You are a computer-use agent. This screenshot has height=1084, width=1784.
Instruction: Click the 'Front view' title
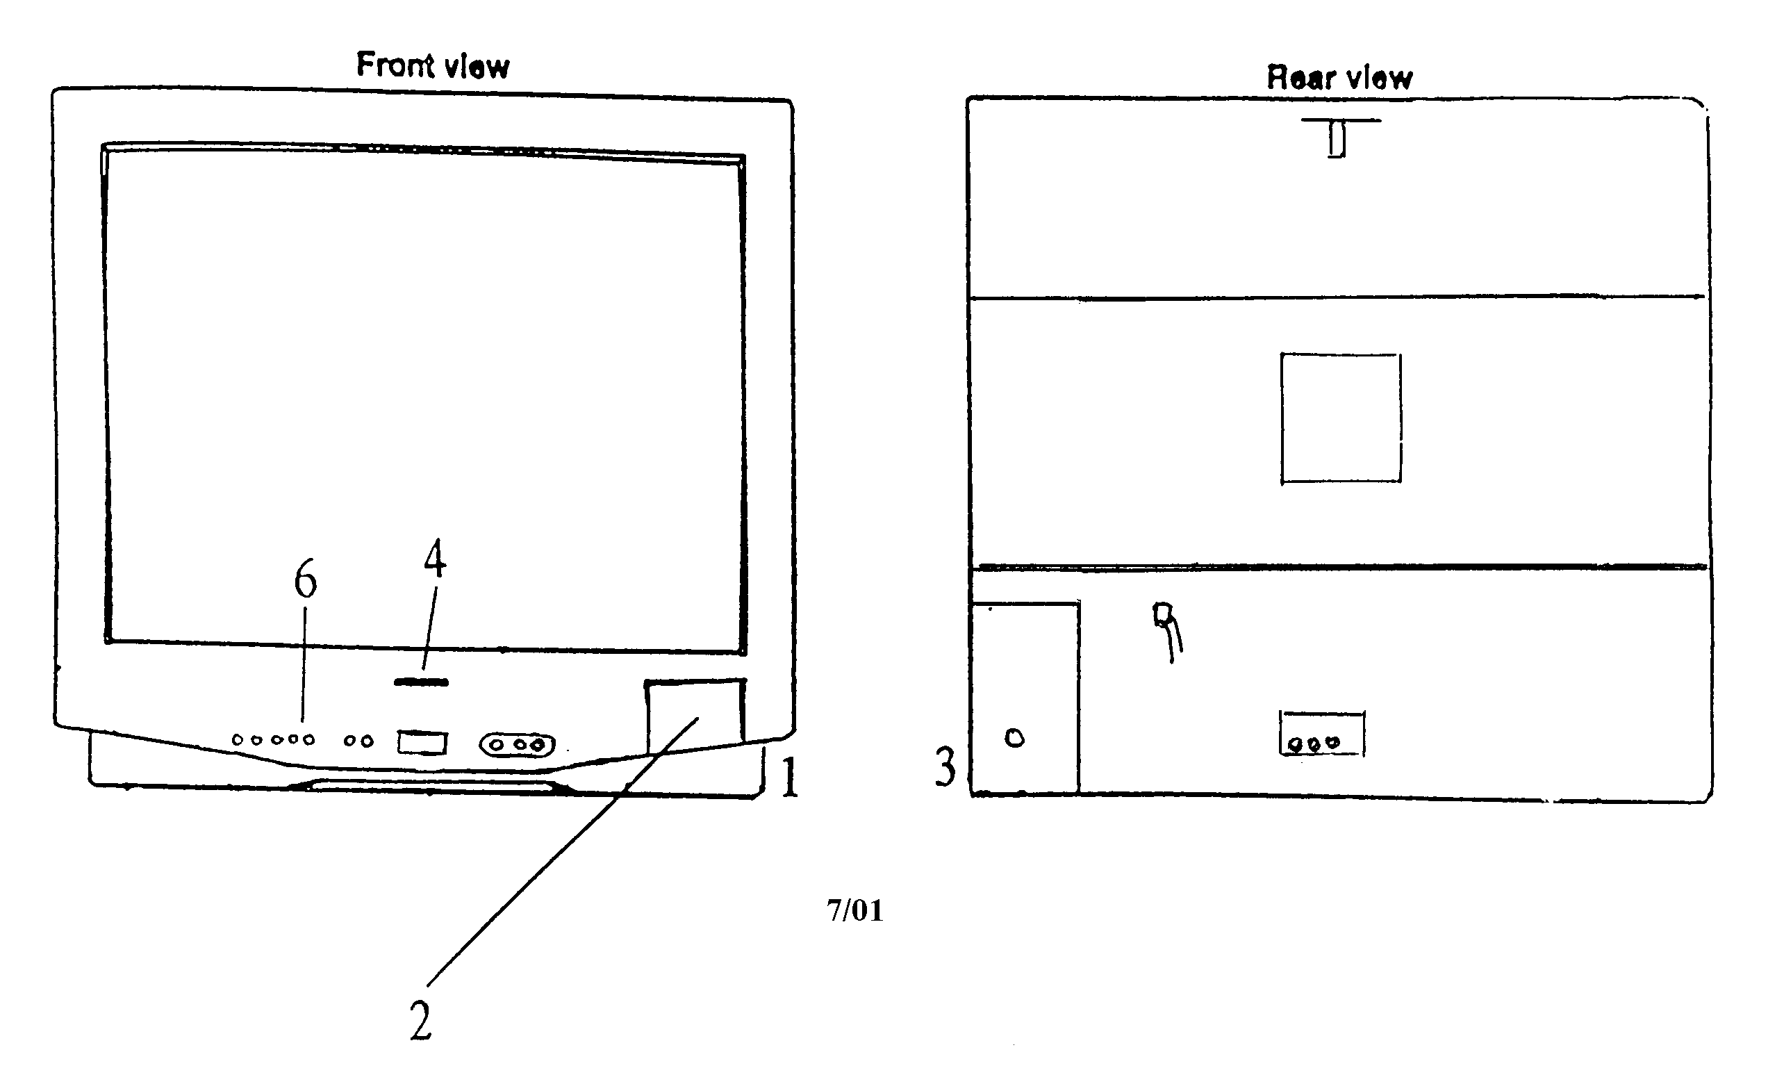coord(433,65)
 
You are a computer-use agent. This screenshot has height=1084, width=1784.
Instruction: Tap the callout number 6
coord(305,581)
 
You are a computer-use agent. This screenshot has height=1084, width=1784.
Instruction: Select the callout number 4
coord(434,559)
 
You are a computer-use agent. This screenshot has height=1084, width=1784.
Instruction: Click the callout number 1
coord(789,778)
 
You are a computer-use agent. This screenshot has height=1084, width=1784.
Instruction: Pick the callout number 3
coord(945,767)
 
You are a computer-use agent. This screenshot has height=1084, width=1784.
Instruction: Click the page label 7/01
coord(855,910)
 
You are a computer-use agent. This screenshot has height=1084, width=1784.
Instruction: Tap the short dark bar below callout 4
coord(422,682)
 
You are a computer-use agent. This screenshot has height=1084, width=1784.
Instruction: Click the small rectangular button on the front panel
coord(422,742)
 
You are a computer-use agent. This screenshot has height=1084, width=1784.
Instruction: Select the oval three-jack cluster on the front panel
coord(517,745)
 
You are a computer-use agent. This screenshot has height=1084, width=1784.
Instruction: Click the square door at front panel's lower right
coord(695,713)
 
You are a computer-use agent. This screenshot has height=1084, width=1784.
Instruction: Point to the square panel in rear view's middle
coord(1340,418)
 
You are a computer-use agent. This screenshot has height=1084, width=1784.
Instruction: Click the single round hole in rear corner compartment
coord(1014,739)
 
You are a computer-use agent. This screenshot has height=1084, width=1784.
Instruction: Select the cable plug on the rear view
coord(1163,616)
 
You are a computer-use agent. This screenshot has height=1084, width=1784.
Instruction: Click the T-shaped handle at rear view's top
coord(1337,138)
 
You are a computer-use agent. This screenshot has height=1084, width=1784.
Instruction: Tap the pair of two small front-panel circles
coord(358,741)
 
